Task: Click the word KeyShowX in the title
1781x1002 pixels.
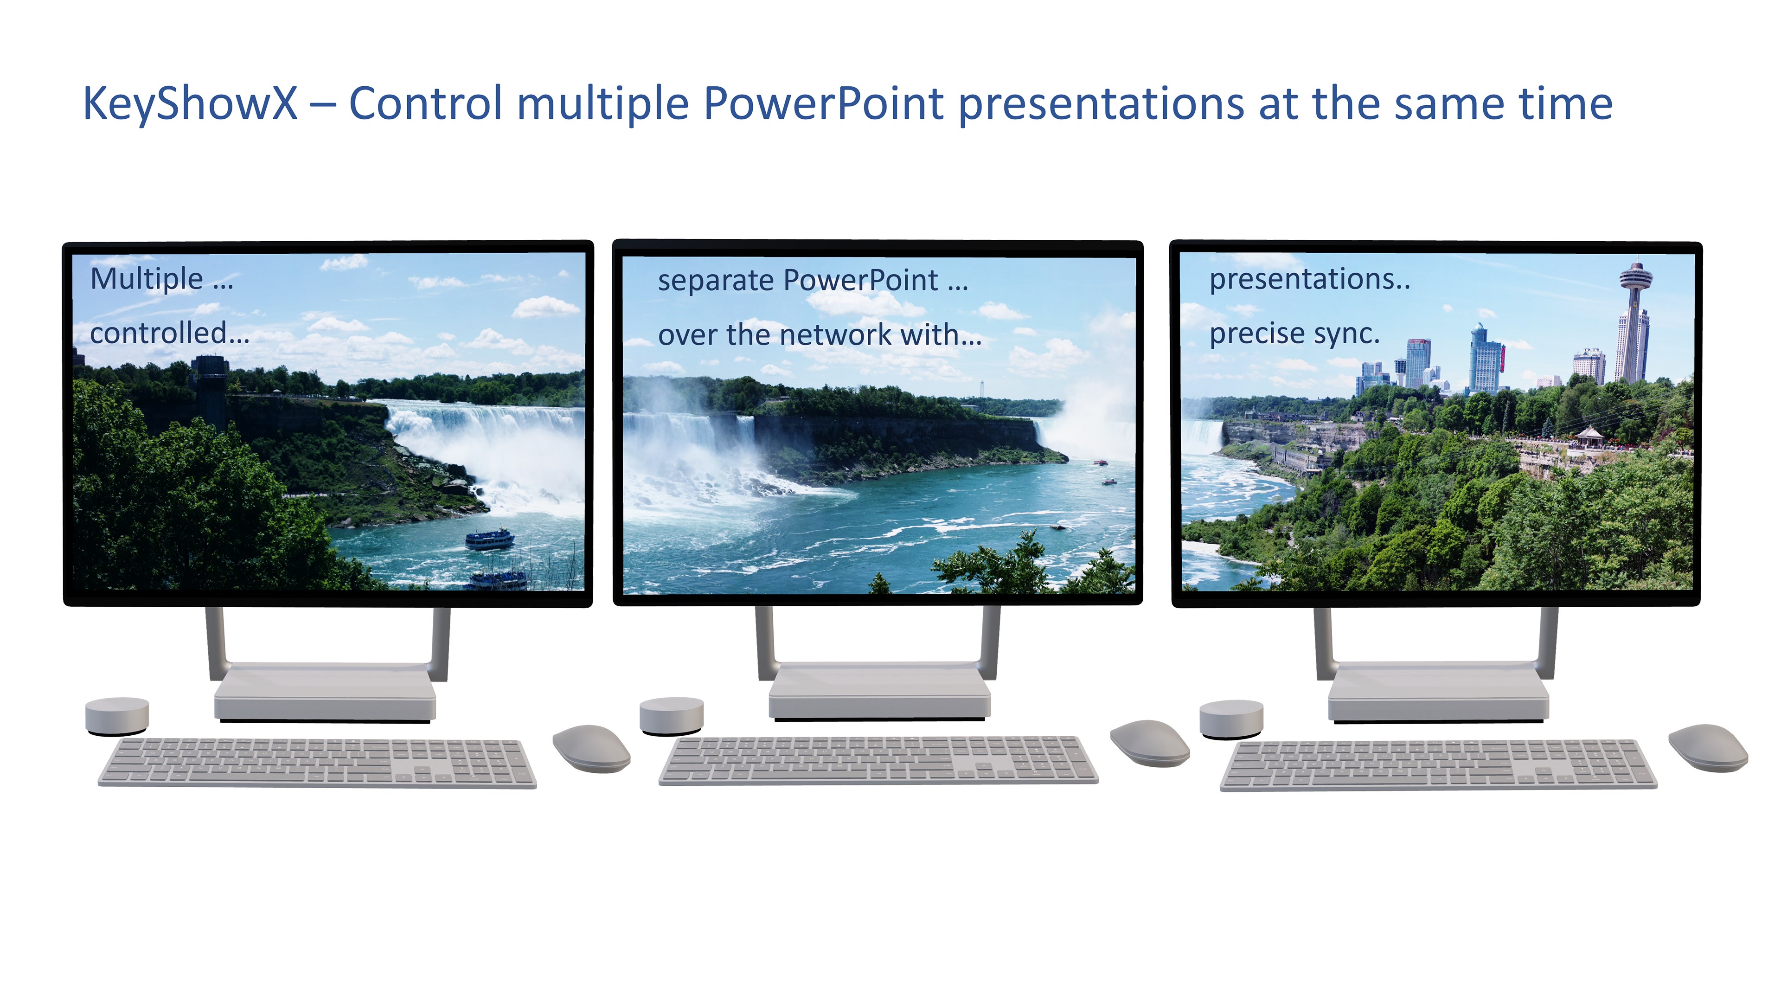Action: coord(190,104)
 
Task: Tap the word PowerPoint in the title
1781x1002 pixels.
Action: coord(823,104)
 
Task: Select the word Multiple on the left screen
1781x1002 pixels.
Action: coord(147,279)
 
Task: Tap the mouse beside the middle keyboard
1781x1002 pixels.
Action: coord(1150,743)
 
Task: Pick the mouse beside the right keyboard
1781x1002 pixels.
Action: coord(1708,747)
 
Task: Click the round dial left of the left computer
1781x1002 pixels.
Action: coord(117,716)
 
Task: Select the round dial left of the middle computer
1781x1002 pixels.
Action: coord(671,716)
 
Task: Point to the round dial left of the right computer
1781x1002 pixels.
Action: coord(1231,720)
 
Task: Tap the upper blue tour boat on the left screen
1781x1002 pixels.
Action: coord(489,539)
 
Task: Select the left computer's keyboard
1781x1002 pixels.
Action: coord(317,763)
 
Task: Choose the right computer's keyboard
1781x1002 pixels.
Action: coord(1438,765)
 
